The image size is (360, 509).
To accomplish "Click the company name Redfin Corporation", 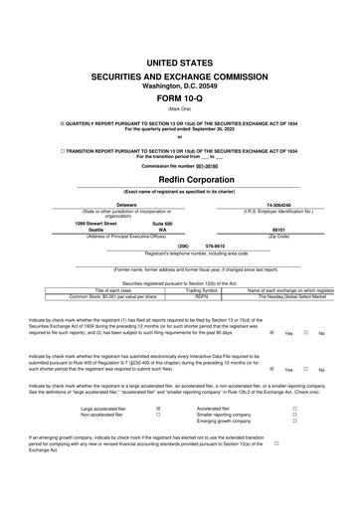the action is pyautogui.click(x=180, y=180).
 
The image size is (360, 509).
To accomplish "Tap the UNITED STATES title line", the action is pyautogui.click(x=180, y=63).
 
